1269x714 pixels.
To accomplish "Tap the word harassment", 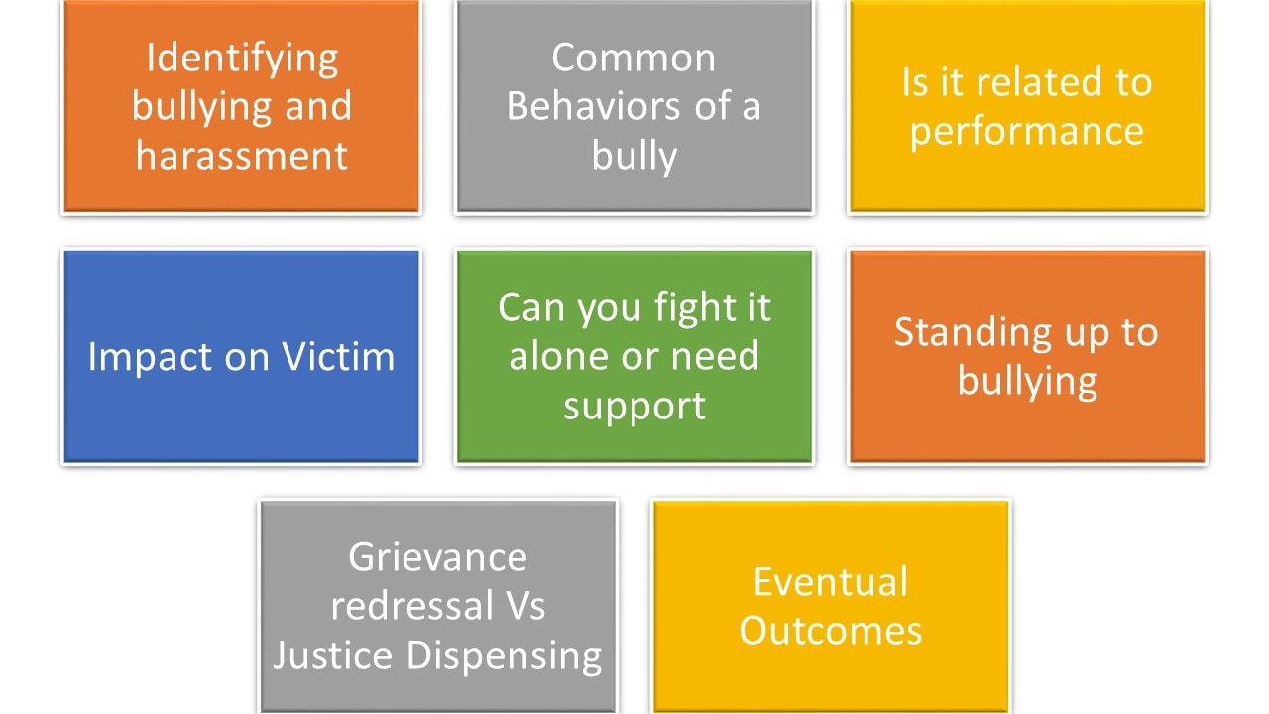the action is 241,156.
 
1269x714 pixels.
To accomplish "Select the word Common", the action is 634,58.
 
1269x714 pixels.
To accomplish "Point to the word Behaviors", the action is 593,106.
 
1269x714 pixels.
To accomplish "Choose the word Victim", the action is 338,357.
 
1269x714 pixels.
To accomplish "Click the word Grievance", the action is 438,557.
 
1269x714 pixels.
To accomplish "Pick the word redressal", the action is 411,606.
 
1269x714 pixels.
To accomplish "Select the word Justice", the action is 333,655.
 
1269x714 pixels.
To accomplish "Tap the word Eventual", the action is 831,582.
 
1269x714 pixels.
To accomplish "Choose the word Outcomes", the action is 831,631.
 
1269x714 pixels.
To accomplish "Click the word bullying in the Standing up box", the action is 1028,383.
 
